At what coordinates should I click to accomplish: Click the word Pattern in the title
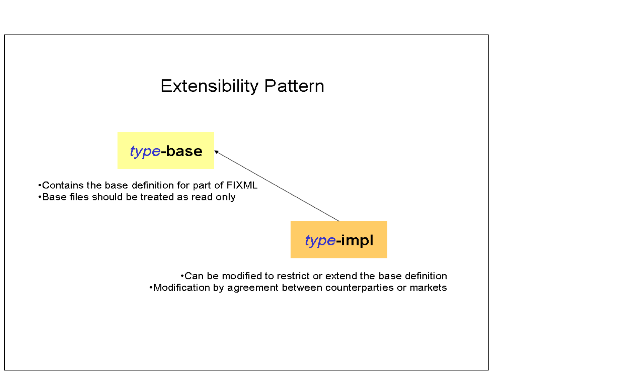tap(294, 86)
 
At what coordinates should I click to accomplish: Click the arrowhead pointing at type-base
tap(216, 152)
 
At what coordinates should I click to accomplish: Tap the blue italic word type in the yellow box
tap(145, 151)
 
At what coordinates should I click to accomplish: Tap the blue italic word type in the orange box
tap(320, 240)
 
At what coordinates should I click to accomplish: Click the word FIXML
tap(242, 185)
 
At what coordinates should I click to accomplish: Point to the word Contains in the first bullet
tap(63, 185)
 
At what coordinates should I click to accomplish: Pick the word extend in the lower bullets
tap(341, 276)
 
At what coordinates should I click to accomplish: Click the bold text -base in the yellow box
tap(182, 151)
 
